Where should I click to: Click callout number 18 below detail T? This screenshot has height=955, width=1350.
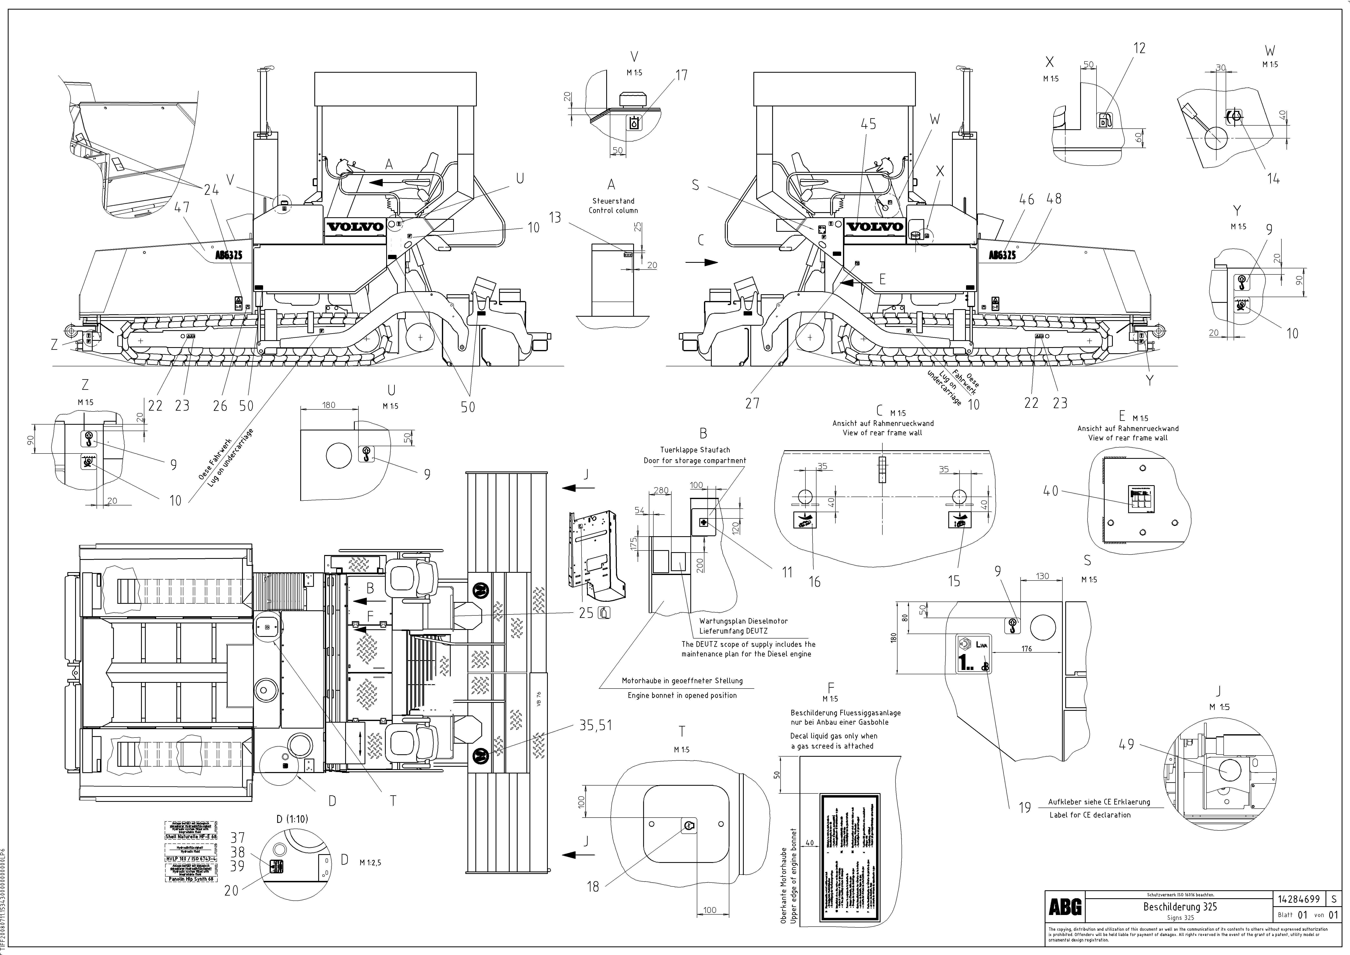(593, 886)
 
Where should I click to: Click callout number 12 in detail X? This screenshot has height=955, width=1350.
(1140, 48)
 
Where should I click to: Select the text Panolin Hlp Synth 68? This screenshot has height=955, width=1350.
(190, 879)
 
